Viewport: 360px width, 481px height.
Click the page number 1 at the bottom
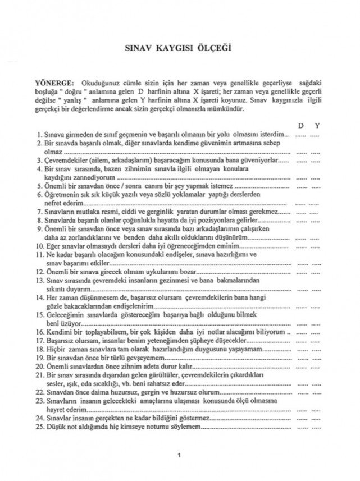[x=179, y=454]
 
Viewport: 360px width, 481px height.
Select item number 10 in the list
[x=39, y=245]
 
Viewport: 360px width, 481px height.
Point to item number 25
[x=39, y=428]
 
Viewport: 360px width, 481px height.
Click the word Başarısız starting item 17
[x=60, y=340]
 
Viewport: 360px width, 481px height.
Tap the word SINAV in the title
[x=136, y=48]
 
